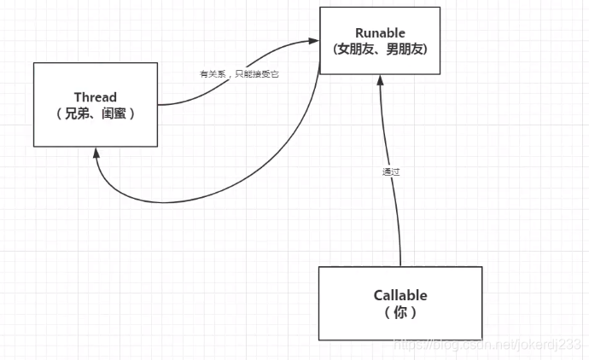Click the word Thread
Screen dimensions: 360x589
[x=95, y=97]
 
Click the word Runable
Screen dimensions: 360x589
[x=380, y=33]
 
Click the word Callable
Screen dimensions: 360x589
[x=400, y=296]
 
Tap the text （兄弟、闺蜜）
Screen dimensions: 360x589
[x=96, y=113]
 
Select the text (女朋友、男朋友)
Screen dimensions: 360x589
[x=380, y=49]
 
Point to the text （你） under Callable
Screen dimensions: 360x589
[x=400, y=312]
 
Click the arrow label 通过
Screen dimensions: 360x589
[x=391, y=171]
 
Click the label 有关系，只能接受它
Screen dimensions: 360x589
[x=239, y=74]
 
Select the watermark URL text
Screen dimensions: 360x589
[x=487, y=344]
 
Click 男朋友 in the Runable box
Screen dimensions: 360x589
[x=405, y=49]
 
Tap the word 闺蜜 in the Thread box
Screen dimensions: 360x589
[x=119, y=113]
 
